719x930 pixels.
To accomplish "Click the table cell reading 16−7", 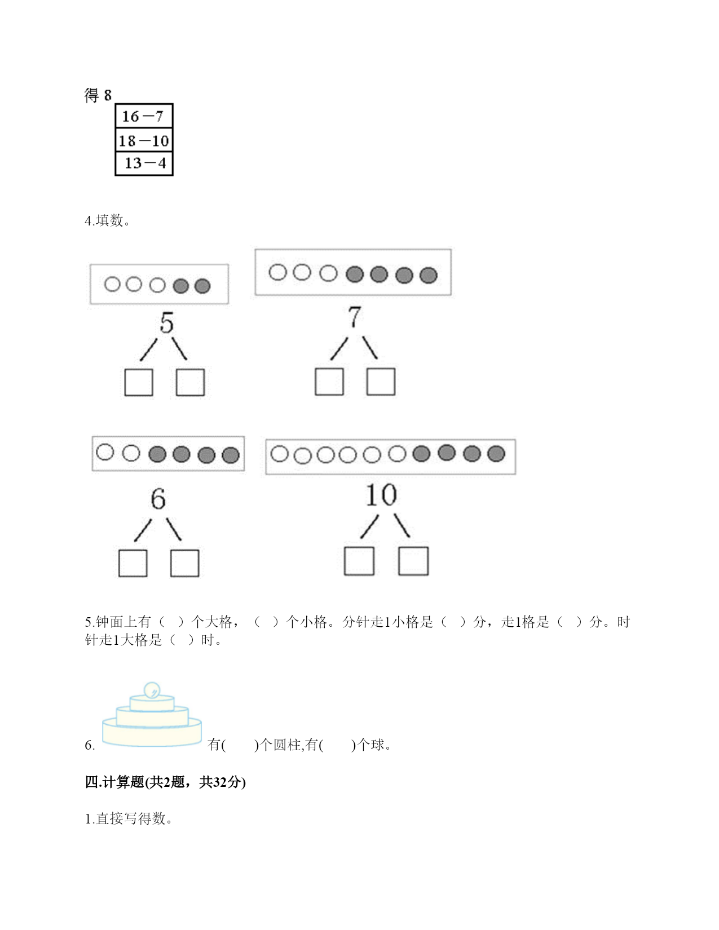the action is pos(144,116).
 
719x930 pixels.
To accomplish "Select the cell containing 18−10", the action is pos(144,140).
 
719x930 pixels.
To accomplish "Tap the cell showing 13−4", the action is pos(144,163).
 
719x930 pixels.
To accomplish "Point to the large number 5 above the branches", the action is pos(166,322).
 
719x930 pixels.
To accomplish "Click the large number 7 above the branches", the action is pos(355,317).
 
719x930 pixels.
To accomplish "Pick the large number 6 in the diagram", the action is pos(158,499).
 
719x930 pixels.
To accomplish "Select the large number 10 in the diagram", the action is pos(381,495).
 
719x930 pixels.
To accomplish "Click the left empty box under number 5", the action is pos(139,382).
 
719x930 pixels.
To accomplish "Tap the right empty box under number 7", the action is pos(381,382).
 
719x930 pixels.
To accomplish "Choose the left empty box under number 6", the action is pos(133,563).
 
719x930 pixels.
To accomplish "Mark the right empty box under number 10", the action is pos(413,561).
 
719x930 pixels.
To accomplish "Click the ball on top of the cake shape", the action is pos(152,690).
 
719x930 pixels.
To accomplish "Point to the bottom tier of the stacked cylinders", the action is pos(152,734).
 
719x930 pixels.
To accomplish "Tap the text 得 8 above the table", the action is pos(98,95).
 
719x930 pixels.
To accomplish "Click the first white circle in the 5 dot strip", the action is pos(112,284).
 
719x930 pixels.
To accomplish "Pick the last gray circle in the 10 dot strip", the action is pos(496,454).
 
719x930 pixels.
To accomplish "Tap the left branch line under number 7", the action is pos(339,348).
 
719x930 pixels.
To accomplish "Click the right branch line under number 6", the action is pos(174,529).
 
